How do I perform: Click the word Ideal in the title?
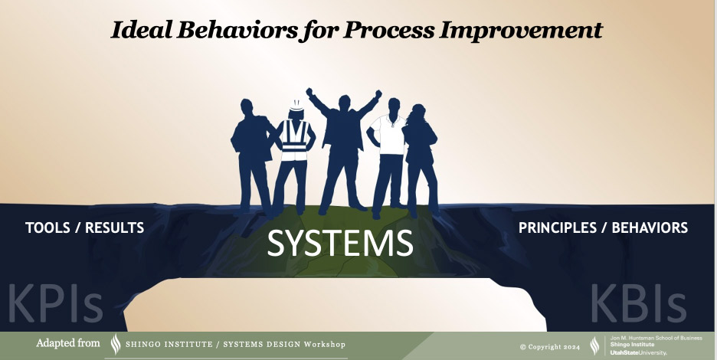click(142, 30)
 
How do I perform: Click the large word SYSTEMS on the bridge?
click(340, 243)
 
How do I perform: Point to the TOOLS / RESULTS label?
click(84, 227)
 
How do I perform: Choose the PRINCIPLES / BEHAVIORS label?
click(603, 227)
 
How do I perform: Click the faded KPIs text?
click(55, 303)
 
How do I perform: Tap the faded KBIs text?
click(638, 303)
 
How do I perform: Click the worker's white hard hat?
click(297, 106)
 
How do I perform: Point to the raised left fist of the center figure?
click(309, 92)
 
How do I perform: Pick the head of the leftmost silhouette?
click(247, 107)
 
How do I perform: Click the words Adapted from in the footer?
click(67, 342)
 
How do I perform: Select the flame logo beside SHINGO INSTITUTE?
click(116, 344)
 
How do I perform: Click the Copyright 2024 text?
click(550, 347)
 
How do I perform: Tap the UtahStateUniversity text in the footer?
click(638, 352)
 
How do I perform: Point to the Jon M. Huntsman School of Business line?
click(656, 338)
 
